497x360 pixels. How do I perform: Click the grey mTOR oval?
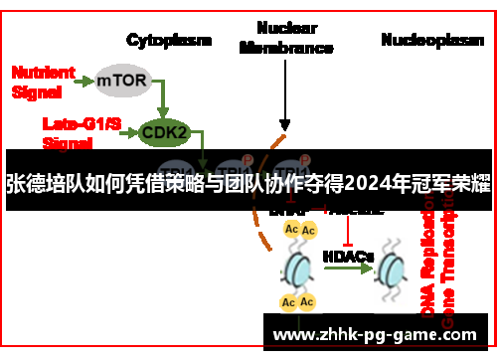click(123, 80)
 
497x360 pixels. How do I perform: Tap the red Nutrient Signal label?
click(41, 81)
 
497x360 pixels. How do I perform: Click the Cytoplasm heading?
click(169, 40)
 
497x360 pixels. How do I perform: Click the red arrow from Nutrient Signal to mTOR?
click(83, 80)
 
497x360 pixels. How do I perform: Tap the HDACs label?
click(348, 256)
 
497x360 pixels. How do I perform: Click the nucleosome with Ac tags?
click(298, 267)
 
